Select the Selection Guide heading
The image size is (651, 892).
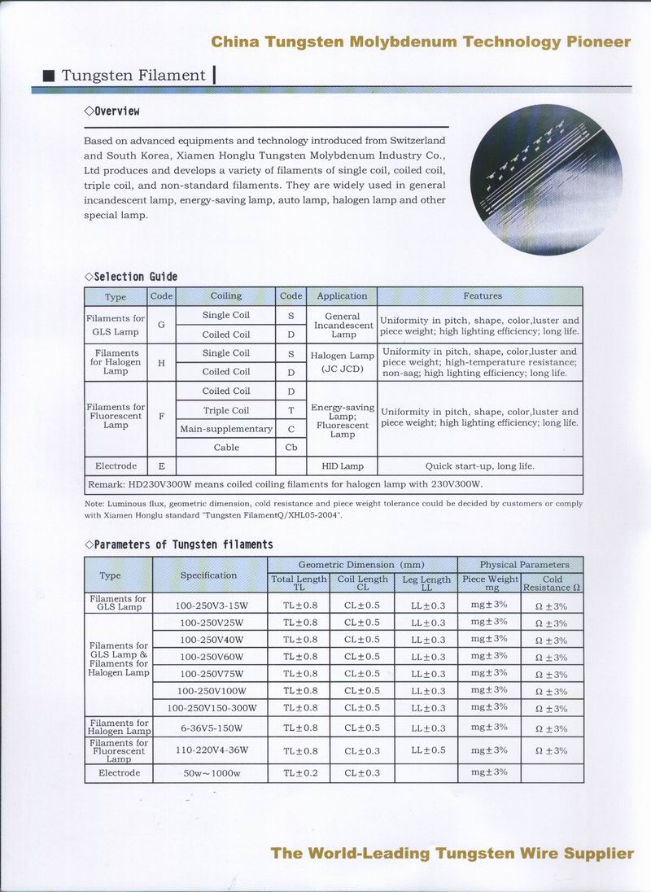131,277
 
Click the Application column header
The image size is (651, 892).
342,296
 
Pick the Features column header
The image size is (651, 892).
483,296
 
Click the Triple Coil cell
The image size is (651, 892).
226,411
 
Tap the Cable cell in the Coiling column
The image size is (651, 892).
226,448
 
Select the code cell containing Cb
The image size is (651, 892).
291,448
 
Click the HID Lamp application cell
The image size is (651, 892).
342,466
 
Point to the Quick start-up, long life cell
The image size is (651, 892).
481,466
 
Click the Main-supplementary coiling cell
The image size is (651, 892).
226,429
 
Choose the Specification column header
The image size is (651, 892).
208,575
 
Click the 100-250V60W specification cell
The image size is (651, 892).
212,657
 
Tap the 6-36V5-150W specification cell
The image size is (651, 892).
212,728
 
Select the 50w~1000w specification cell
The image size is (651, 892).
212,773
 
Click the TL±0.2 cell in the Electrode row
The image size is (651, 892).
300,773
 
